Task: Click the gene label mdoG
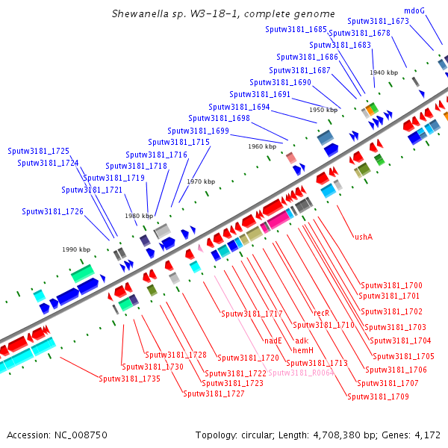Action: pyautogui.click(x=414, y=11)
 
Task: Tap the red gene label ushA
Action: pyautogui.click(x=364, y=237)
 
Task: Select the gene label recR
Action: pyautogui.click(x=321, y=313)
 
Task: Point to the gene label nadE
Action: pyautogui.click(x=273, y=340)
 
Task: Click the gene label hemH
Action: pyautogui.click(x=303, y=350)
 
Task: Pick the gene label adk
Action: pyautogui.click(x=302, y=340)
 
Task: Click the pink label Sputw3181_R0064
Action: pyautogui.click(x=301, y=373)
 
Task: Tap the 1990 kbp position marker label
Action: pyautogui.click(x=76, y=249)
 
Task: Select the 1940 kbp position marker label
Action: pyautogui.click(x=384, y=72)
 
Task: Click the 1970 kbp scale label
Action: pyautogui.click(x=201, y=181)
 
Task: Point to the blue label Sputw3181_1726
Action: pyautogui.click(x=52, y=211)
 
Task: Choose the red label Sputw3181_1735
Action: pyautogui.click(x=129, y=379)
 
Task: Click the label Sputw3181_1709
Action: pyautogui.click(x=378, y=396)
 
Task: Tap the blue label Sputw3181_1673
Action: pyautogui.click(x=378, y=21)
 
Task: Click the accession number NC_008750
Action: pyautogui.click(x=81, y=435)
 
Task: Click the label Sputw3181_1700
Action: pyautogui.click(x=391, y=285)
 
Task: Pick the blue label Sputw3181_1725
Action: pyautogui.click(x=38, y=151)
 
